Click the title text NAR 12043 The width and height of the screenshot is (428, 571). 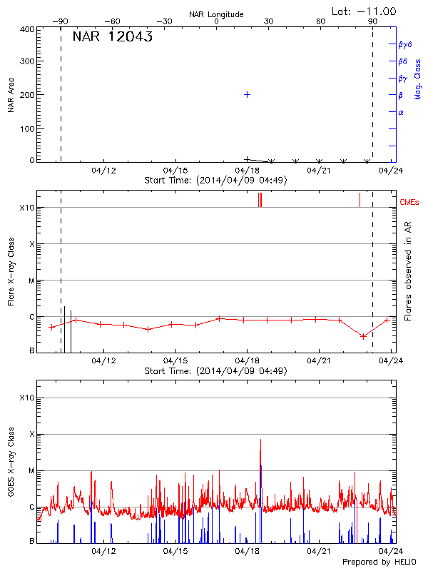(x=113, y=38)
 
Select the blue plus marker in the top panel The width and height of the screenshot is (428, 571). (x=248, y=94)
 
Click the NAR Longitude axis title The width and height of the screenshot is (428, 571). (x=216, y=14)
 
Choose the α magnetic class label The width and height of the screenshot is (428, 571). (x=401, y=112)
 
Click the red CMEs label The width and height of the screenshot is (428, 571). (x=409, y=203)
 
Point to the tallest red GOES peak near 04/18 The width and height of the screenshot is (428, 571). (x=260, y=441)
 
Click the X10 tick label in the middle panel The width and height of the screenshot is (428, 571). (x=26, y=208)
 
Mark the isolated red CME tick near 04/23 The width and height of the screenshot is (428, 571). (x=360, y=199)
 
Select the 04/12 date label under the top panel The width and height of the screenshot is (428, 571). (x=103, y=171)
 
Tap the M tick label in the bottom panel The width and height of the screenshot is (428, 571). (x=31, y=470)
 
